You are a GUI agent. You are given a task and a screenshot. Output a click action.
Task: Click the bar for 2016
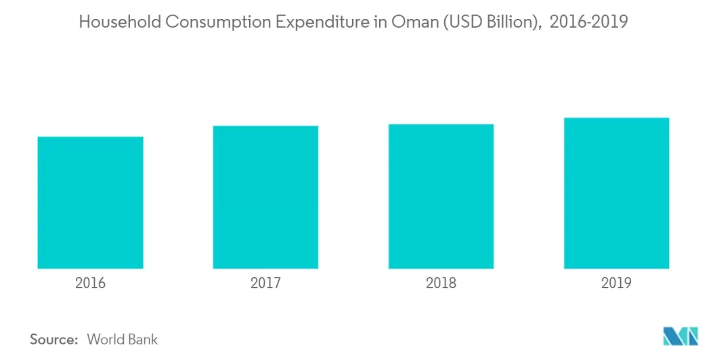[x=90, y=202]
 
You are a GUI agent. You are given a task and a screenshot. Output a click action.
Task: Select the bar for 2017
[x=265, y=197]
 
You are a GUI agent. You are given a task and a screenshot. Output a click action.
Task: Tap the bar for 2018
[x=441, y=196]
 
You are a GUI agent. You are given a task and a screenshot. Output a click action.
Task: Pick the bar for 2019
[x=616, y=193]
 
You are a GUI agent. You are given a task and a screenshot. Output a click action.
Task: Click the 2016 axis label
[x=90, y=283]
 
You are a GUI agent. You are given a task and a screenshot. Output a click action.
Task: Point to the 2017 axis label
[x=265, y=283]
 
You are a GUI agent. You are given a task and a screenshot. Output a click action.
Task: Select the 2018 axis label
[x=441, y=283]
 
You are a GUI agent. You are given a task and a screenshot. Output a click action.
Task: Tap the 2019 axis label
[x=616, y=283]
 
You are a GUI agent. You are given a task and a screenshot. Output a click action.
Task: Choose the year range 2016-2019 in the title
[x=589, y=22]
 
